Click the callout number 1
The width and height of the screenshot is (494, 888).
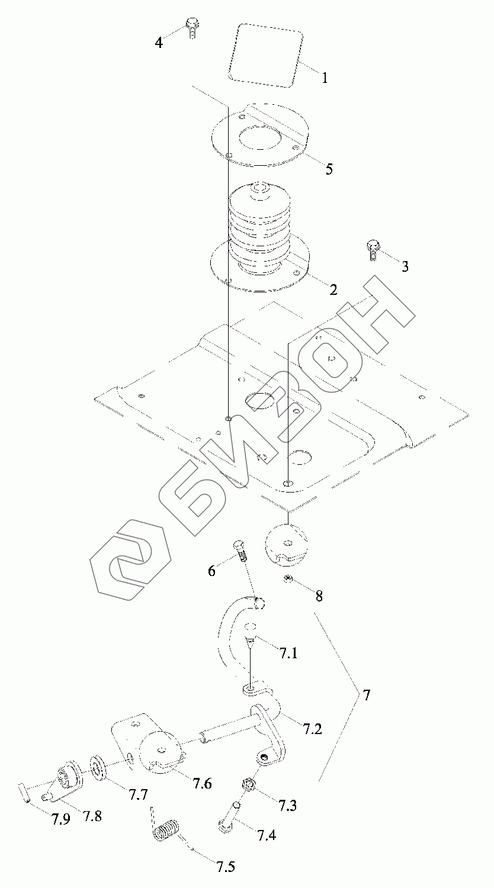pos(325,77)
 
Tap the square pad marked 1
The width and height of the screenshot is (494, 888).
pos(266,54)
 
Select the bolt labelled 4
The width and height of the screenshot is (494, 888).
pos(192,27)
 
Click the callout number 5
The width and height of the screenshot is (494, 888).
pos(328,169)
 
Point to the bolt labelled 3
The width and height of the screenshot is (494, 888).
pos(372,250)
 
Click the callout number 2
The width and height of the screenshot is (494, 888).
pos(333,290)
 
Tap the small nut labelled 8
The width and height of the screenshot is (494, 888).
pos(288,578)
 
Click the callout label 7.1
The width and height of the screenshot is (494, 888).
pos(288,654)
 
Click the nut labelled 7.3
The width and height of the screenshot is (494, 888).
pos(249,786)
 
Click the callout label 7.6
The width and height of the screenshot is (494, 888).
pos(202,783)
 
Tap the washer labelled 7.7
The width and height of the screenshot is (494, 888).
pos(98,768)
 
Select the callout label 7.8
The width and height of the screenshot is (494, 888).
pos(92,816)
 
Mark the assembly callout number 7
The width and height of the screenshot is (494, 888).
pos(367,696)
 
